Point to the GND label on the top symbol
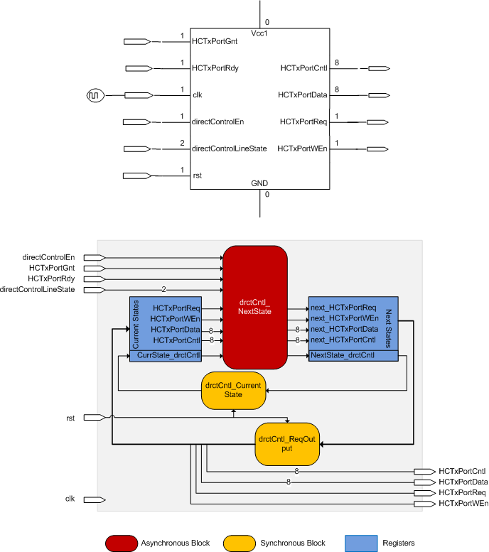click(259, 183)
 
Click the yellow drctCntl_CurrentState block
click(233, 390)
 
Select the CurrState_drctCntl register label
click(169, 355)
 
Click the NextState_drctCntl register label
click(344, 355)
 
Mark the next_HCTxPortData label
click(343, 330)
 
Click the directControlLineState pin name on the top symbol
click(230, 148)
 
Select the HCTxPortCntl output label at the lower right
click(462, 471)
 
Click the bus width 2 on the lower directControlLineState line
click(163, 289)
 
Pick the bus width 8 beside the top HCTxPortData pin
click(336, 90)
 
